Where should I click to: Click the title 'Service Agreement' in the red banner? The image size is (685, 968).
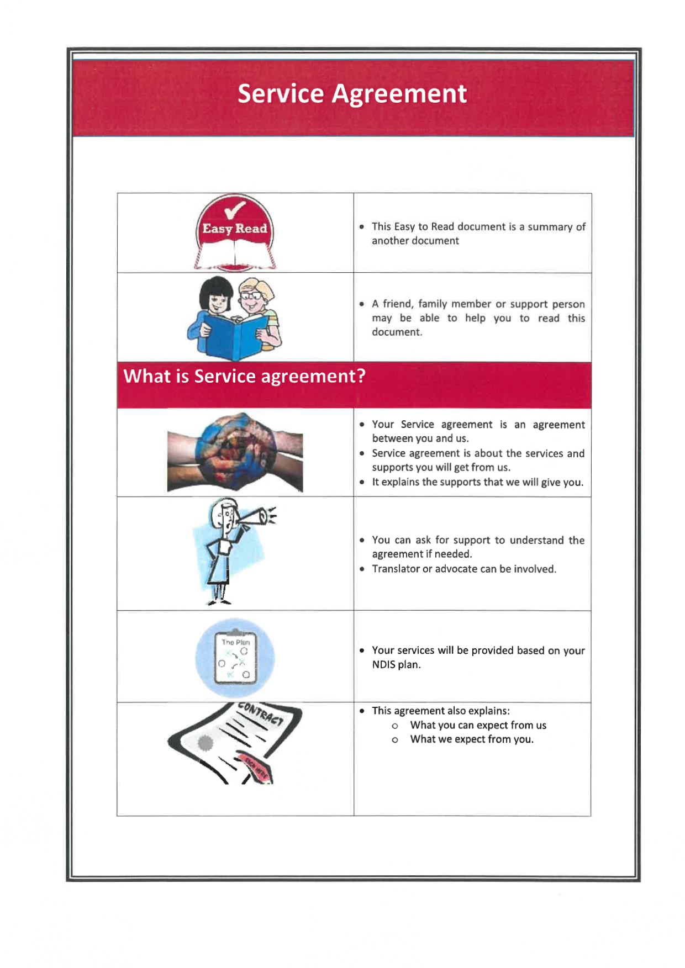pos(352,93)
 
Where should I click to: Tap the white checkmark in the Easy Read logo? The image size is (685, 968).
pos(235,210)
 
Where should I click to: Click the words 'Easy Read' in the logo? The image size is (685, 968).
pos(234,229)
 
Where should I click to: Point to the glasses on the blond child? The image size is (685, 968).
pos(251,296)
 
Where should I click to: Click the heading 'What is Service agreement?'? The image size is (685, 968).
pos(244,376)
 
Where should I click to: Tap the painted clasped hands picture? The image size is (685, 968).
pos(235,452)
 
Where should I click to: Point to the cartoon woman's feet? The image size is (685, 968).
pos(218,601)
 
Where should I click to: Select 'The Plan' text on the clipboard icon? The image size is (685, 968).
pos(236,642)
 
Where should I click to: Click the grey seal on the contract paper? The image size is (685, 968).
pos(205,743)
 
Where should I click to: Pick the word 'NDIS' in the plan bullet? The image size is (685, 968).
pos(383,665)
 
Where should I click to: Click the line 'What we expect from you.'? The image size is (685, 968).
pos(472,739)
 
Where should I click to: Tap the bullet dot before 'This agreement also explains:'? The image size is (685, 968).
pos(362,711)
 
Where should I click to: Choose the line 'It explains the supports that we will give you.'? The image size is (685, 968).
pos(477,482)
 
